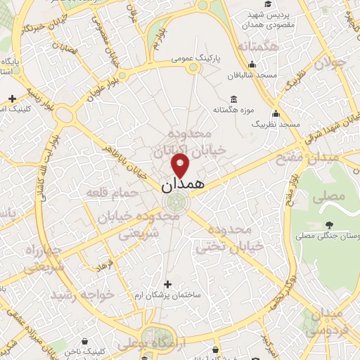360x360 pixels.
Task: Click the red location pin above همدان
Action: point(181,165)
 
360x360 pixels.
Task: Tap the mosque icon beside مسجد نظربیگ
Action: point(276,113)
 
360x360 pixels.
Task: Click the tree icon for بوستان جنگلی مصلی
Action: point(329,225)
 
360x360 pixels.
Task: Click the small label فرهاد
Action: point(105,267)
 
